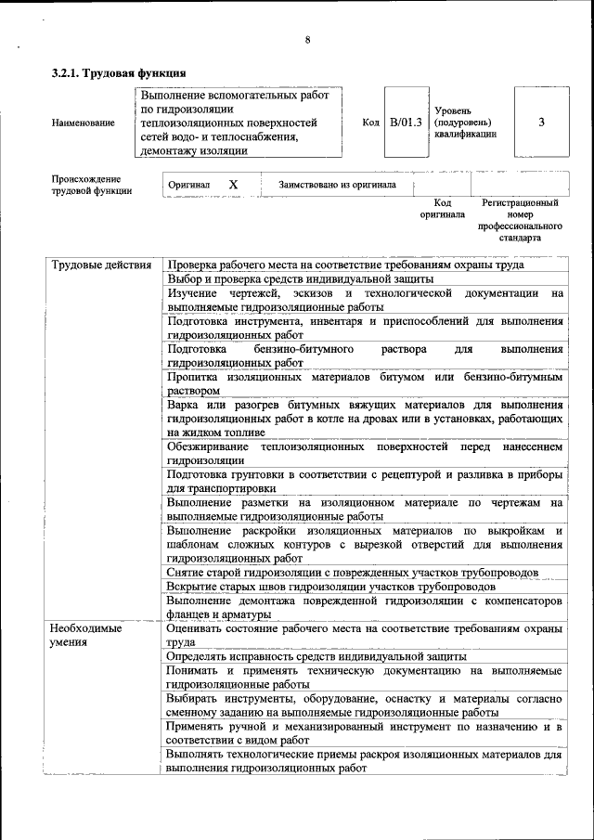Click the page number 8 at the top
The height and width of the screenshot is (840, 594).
[307, 39]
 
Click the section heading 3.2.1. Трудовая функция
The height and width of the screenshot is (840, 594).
[120, 72]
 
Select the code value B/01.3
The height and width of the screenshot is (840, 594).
[406, 122]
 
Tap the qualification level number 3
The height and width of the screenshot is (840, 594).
[541, 122]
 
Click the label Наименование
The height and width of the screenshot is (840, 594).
[84, 123]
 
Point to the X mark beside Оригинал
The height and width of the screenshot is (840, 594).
[234, 185]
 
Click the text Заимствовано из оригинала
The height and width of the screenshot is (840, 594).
[337, 185]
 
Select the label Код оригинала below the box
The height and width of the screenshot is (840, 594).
[442, 208]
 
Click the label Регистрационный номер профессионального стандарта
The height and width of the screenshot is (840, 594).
[520, 220]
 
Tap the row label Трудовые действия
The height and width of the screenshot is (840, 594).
[101, 265]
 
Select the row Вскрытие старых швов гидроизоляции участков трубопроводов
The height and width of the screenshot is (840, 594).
[331, 587]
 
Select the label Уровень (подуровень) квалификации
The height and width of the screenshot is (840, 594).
[465, 122]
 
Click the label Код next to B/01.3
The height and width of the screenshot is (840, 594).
[371, 122]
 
